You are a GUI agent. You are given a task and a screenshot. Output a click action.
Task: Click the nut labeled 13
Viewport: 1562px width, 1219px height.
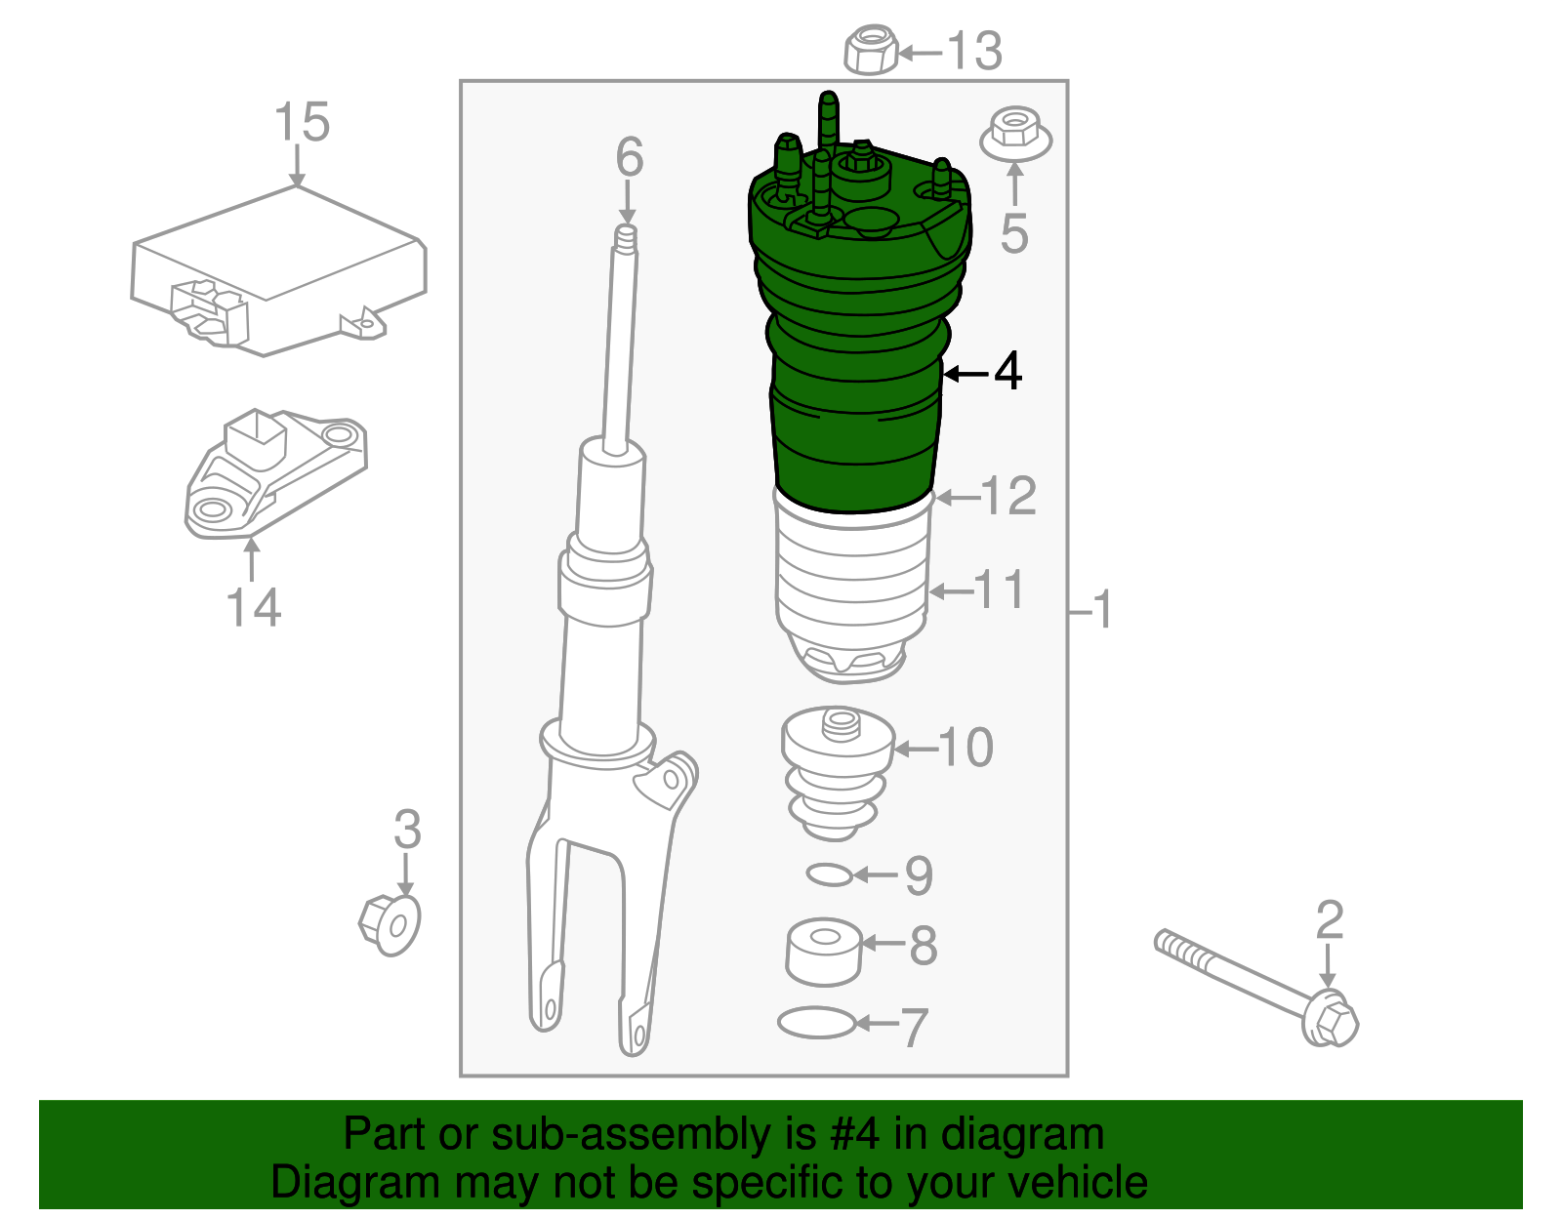tap(870, 51)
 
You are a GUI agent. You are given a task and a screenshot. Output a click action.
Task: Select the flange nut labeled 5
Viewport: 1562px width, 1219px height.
tap(1015, 136)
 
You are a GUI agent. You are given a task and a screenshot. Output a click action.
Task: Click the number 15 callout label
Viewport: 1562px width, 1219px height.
tap(302, 123)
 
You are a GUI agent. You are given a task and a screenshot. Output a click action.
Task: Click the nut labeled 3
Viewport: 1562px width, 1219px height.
tap(390, 922)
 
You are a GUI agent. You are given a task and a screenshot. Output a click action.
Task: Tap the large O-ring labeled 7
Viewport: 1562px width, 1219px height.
tap(816, 1023)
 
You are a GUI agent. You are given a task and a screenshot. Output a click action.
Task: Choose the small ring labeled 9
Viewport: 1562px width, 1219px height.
tap(830, 874)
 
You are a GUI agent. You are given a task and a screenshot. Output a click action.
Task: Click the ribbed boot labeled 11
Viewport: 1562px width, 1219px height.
tap(851, 586)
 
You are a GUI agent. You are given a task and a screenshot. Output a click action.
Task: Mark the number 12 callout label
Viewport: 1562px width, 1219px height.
tap(1008, 497)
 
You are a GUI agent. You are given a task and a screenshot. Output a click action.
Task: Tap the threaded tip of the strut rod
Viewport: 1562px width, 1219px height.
tap(626, 240)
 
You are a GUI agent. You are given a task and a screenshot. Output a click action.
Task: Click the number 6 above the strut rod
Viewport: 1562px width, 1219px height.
tap(630, 157)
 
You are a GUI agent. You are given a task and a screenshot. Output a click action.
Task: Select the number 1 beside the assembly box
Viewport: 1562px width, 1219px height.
tap(1102, 611)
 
